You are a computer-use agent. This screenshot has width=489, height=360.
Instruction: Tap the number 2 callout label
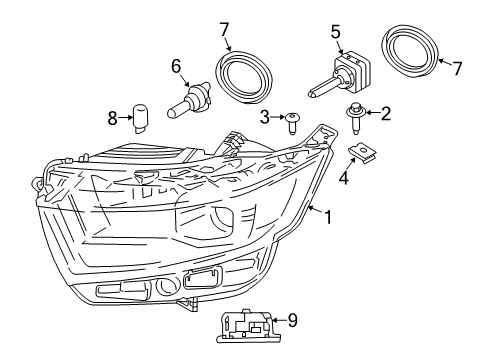(x=385, y=115)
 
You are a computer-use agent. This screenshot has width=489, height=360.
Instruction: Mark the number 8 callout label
(x=113, y=119)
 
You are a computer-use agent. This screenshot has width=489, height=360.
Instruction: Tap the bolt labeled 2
(x=355, y=118)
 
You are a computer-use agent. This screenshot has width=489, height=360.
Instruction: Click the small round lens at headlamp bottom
(x=165, y=290)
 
